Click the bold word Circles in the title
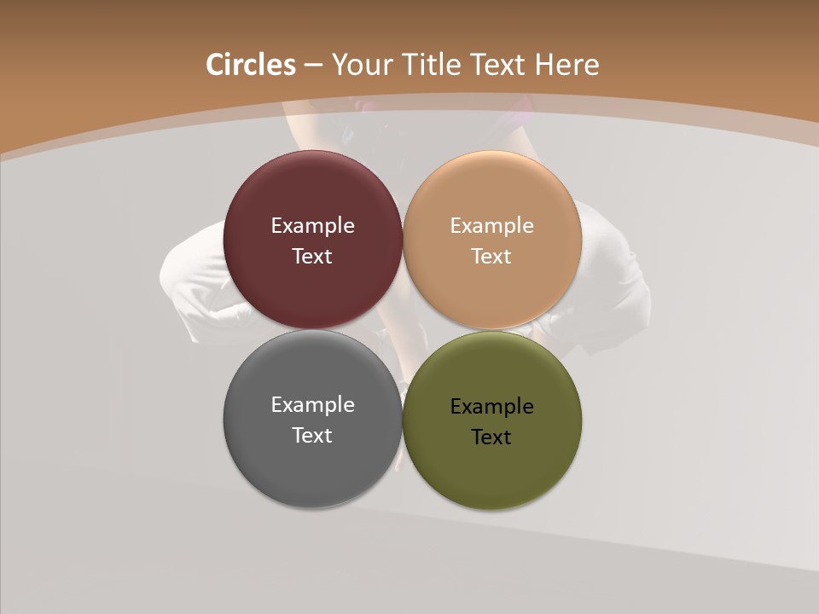[x=251, y=65]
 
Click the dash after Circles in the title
[x=313, y=65]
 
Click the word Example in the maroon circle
[x=312, y=226]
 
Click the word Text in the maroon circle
[x=312, y=257]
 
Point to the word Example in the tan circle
[x=492, y=226]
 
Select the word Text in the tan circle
[x=492, y=257]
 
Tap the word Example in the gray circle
[x=312, y=405]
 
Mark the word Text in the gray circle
[x=312, y=436]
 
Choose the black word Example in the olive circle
[x=492, y=407]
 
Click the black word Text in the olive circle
[x=492, y=437]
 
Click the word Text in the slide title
[x=499, y=65]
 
